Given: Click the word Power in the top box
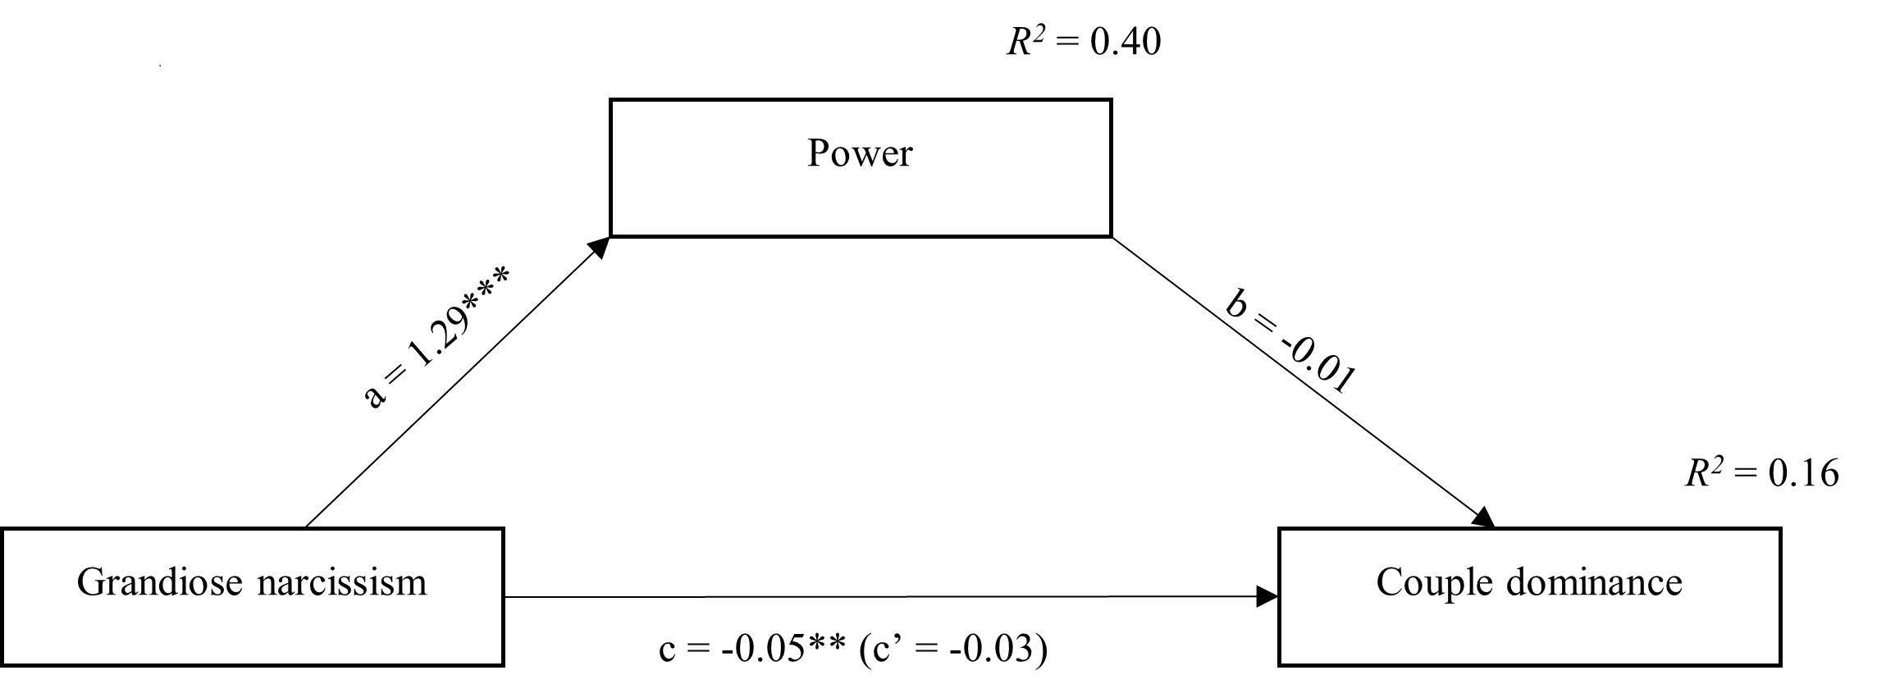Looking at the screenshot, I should point(859,153).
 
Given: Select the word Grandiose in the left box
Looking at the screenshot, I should point(160,583).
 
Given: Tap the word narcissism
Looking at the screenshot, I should point(342,583).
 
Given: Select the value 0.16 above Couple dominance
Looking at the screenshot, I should point(1802,474).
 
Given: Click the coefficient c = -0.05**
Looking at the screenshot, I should point(751,651).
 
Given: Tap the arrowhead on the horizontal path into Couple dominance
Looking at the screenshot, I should point(1267,597).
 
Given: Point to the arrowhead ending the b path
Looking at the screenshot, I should point(1484,518).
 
